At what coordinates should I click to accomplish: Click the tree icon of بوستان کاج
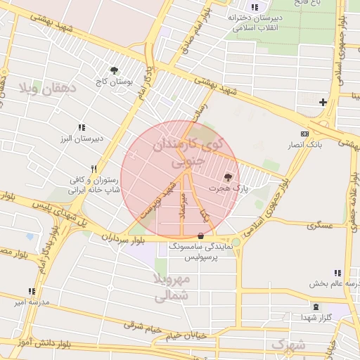click(114, 70)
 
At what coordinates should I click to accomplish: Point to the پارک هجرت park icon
click(227, 177)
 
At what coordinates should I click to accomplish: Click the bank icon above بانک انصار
click(304, 134)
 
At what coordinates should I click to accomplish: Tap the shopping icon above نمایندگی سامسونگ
click(202, 236)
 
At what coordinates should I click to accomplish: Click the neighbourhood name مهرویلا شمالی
click(172, 288)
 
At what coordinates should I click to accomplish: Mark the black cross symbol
click(323, 103)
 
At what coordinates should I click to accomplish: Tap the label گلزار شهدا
click(334, 318)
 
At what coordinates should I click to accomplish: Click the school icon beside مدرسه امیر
click(31, 291)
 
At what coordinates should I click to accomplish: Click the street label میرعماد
click(182, 205)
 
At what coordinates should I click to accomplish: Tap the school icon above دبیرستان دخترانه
click(255, 7)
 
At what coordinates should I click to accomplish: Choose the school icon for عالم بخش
click(337, 273)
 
